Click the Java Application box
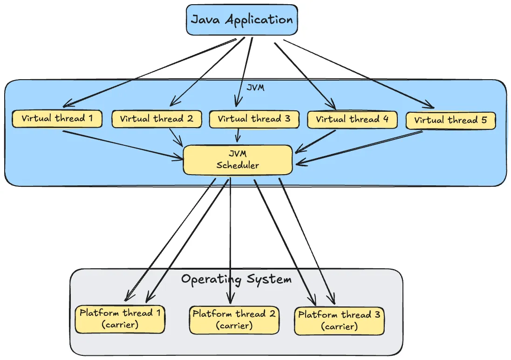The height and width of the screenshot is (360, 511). [x=241, y=20]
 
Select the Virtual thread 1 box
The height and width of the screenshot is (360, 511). [x=57, y=118]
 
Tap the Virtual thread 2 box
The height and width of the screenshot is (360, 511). [x=157, y=119]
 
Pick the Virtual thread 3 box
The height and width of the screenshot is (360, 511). [x=254, y=119]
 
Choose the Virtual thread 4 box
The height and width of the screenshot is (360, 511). [x=352, y=119]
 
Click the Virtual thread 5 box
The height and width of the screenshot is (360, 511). [x=450, y=120]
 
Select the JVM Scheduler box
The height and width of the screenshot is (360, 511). [x=238, y=160]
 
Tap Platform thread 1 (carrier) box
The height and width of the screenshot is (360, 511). [x=120, y=319]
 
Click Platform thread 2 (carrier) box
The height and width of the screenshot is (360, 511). [x=234, y=319]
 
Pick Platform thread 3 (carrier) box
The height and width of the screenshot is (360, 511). [x=339, y=320]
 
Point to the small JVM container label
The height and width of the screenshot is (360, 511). [x=255, y=88]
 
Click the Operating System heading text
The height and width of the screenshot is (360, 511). [x=236, y=279]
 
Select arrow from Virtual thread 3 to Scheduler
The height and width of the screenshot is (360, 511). [x=238, y=135]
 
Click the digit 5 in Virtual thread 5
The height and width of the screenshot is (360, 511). [x=484, y=120]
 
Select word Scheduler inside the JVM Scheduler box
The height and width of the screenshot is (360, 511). [x=238, y=165]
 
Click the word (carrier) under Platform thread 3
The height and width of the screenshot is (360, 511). [x=339, y=326]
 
